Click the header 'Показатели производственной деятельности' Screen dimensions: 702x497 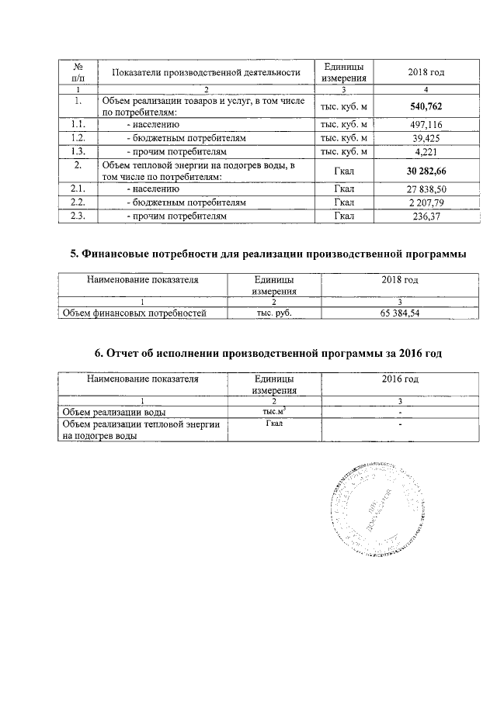[206, 73]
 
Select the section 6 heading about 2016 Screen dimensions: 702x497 [268, 353]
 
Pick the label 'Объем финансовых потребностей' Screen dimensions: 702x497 [134, 313]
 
